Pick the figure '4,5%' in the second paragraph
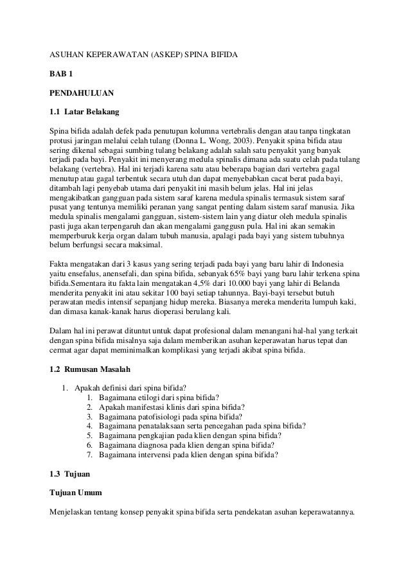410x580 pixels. tap(215, 284)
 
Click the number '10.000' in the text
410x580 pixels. tap(249, 284)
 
